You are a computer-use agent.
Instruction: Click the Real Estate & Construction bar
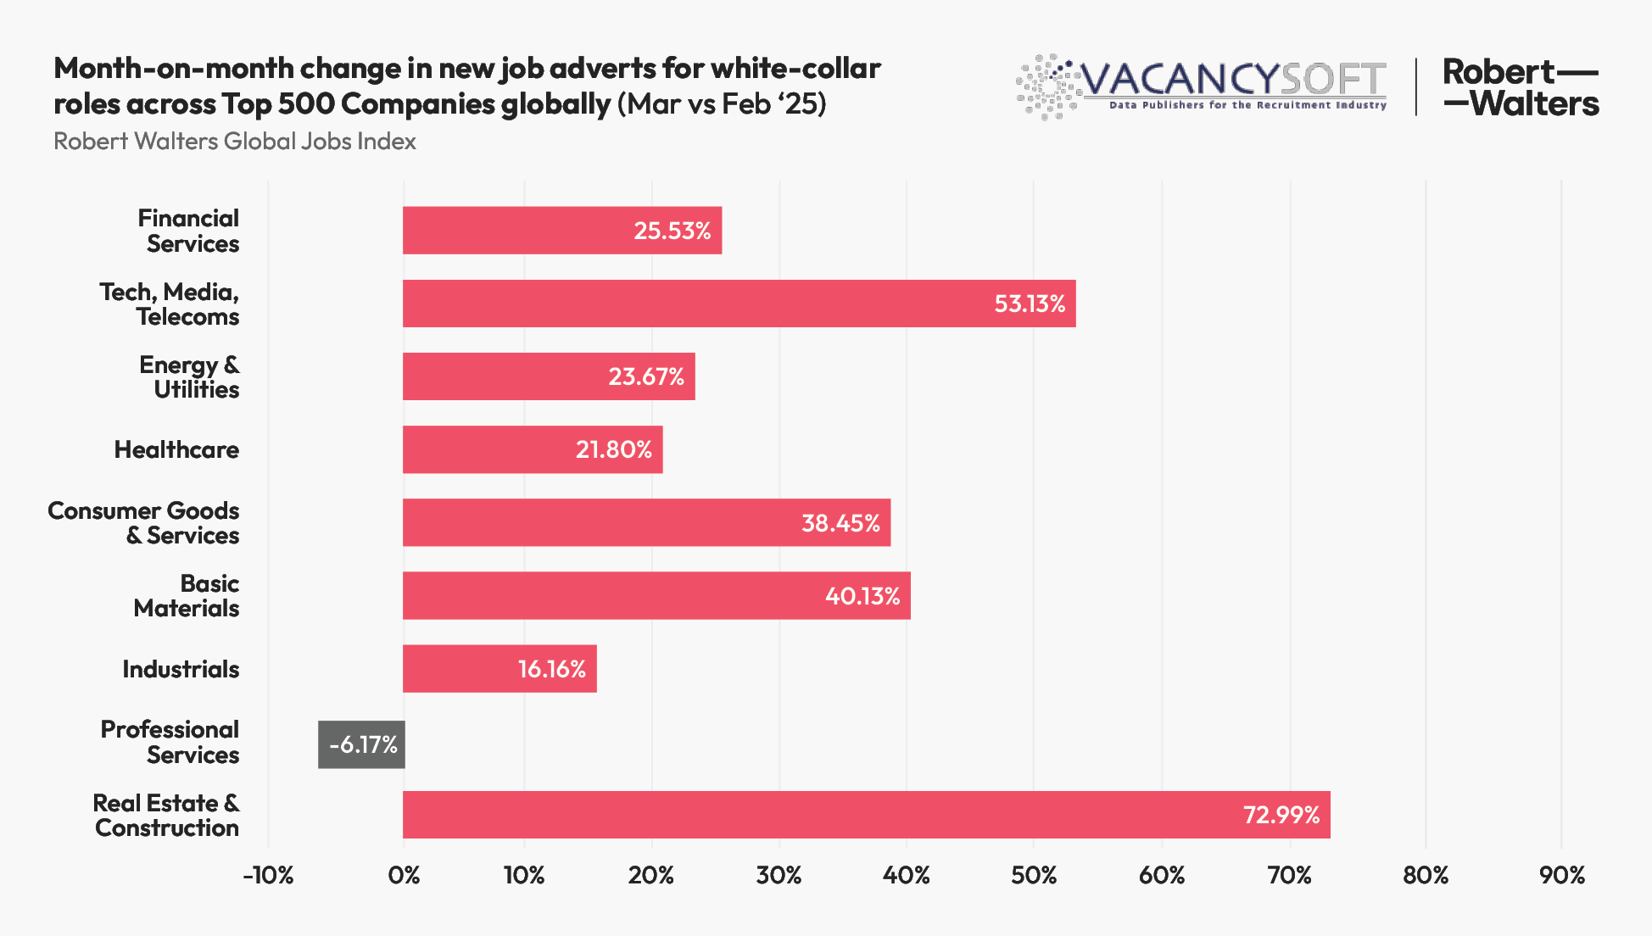(865, 815)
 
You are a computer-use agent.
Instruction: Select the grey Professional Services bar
(361, 744)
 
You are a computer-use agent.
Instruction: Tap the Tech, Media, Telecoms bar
(738, 304)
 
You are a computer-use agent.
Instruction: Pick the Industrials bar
(499, 669)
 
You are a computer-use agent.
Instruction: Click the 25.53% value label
(672, 231)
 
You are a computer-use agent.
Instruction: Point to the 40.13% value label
(862, 596)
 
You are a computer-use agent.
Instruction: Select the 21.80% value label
(613, 449)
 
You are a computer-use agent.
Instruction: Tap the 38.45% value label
(840, 523)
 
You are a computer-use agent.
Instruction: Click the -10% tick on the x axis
(268, 875)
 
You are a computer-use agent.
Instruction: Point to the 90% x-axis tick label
(1561, 875)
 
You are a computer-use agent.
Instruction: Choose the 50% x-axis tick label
(1033, 875)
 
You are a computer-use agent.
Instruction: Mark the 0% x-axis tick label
(404, 875)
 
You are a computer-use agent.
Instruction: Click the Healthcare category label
(176, 449)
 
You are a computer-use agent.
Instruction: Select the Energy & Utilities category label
(189, 376)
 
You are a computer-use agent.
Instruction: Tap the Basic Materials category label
(187, 596)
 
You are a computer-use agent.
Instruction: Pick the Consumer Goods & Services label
(143, 523)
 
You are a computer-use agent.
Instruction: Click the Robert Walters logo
(1520, 87)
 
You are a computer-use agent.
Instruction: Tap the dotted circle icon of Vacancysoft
(1048, 86)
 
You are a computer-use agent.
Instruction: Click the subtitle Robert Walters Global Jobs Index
(235, 141)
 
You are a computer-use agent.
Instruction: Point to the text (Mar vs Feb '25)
(721, 103)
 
